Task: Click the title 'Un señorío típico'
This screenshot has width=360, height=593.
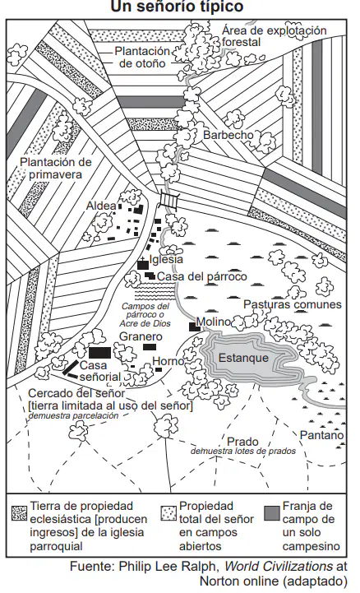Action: click(x=177, y=6)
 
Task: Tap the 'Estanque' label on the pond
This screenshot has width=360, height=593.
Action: click(x=243, y=358)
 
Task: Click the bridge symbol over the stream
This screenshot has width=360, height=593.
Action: click(x=168, y=199)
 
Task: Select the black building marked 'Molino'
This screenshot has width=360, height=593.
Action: click(x=195, y=327)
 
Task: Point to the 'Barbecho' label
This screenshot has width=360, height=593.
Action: click(x=228, y=135)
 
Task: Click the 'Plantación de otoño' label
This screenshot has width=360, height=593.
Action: click(x=142, y=57)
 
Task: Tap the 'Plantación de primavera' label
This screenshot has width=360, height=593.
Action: click(x=56, y=169)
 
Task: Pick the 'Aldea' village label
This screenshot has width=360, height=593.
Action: click(x=101, y=206)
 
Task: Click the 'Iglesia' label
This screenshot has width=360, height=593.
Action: click(x=166, y=259)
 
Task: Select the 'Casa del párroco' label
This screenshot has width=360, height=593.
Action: click(x=201, y=276)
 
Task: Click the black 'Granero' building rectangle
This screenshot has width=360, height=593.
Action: click(x=150, y=347)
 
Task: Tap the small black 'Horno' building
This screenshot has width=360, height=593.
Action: click(x=159, y=370)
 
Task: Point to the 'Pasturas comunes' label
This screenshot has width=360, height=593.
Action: click(x=293, y=304)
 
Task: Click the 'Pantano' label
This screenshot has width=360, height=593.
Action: click(x=321, y=435)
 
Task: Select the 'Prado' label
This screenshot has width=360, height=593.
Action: click(x=242, y=442)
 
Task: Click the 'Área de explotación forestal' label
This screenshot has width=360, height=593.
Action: click(x=274, y=36)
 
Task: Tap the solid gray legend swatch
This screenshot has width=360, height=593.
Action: click(x=272, y=513)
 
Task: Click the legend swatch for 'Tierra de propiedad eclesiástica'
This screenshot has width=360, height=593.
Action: click(x=19, y=513)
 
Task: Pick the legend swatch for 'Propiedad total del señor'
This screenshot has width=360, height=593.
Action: click(x=168, y=513)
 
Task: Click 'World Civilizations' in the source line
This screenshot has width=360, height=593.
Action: click(x=279, y=567)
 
